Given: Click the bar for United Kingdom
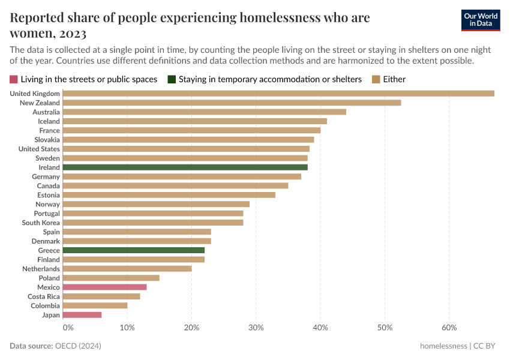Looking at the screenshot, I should coord(278,94).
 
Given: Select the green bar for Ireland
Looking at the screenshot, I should coord(185,167).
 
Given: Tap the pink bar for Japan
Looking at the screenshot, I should coord(82,315).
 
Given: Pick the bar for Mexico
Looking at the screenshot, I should coord(104,287).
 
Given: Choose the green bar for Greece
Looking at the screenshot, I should coord(133,250).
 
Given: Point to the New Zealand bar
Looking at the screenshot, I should coord(232,103).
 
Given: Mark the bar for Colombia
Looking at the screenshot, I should coord(95,305).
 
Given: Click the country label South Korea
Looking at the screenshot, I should coord(41,223).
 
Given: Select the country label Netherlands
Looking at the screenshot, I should coord(41,269).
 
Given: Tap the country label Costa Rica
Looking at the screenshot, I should coord(44,296).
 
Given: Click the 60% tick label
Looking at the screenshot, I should coord(449,328).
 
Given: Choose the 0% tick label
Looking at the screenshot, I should coord(68,328).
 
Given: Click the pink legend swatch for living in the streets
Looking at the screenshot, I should coord(14,79).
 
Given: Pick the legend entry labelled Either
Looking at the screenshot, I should coord(394,79).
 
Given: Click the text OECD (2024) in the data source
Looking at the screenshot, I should coord(77,346).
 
